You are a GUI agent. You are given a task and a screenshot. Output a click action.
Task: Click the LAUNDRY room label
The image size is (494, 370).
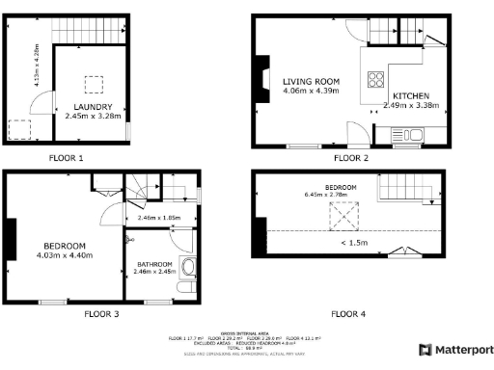pyautogui.click(x=95, y=106)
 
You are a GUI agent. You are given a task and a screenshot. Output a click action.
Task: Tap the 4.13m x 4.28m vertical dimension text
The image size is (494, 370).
pyautogui.click(x=38, y=66)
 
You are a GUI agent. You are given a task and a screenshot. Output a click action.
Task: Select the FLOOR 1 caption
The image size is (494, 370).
pyautogui.click(x=67, y=157)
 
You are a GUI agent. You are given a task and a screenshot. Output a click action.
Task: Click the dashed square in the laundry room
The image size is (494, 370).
pyautogui.click(x=95, y=83)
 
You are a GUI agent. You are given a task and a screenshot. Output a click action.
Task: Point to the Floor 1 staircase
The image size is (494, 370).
pyautogui.click(x=86, y=31)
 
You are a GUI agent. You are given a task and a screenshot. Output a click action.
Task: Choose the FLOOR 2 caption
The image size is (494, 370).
pyautogui.click(x=350, y=157)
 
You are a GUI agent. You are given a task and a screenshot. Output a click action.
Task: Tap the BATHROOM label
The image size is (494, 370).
pyautogui.click(x=154, y=264)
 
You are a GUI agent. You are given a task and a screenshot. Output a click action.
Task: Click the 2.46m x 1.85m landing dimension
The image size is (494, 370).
pyautogui.click(x=159, y=218)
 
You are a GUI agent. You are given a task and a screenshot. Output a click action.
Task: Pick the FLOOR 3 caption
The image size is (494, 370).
pyautogui.click(x=100, y=314)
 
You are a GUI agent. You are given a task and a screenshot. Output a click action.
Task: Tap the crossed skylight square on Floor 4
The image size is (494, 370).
pyautogui.click(x=343, y=217)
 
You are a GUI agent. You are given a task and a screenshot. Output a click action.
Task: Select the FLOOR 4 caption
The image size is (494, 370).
pyautogui.click(x=349, y=314)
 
